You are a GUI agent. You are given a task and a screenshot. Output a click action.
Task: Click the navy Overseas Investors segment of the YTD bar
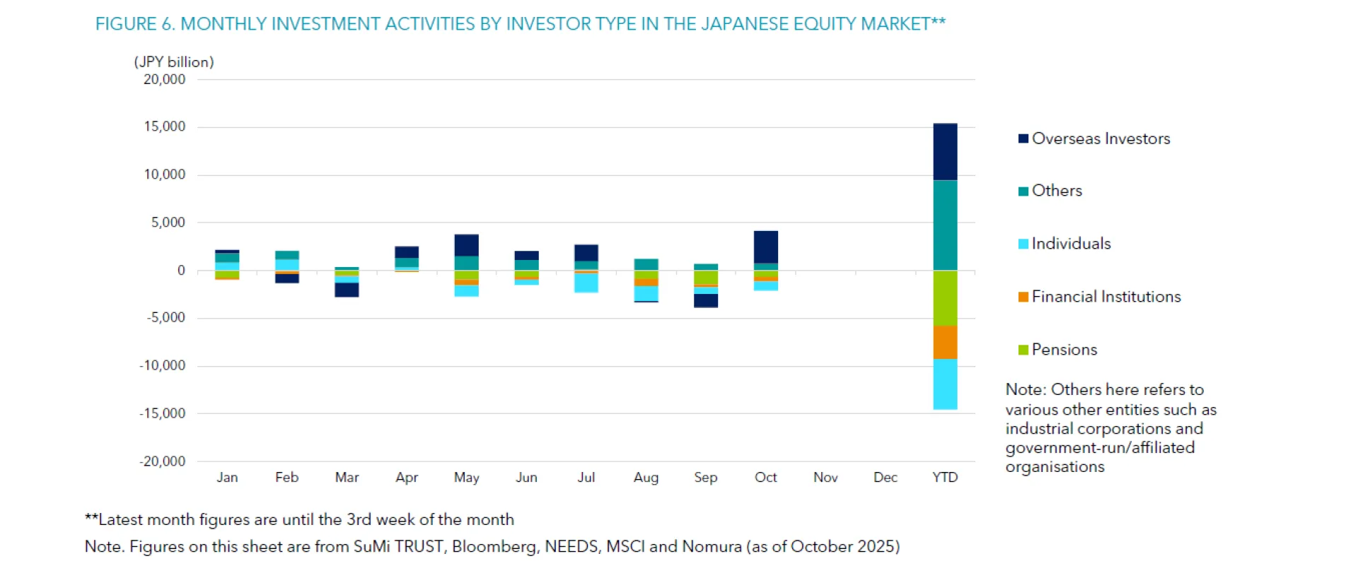point(945,152)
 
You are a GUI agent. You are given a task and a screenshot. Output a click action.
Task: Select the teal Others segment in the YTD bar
point(945,225)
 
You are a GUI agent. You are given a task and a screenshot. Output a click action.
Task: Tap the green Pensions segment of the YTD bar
point(945,297)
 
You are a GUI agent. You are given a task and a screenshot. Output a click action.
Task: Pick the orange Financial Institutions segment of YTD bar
point(945,342)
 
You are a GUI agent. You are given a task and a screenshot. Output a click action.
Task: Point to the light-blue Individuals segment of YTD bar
point(945,384)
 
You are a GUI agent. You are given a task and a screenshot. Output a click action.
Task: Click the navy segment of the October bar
point(765,247)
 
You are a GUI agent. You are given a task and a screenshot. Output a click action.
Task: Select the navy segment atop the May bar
point(466,244)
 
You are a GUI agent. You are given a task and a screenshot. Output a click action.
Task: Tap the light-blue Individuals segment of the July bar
point(586,282)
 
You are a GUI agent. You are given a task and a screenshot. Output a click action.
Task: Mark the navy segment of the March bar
point(347,290)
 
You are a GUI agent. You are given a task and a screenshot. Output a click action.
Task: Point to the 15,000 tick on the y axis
point(164,127)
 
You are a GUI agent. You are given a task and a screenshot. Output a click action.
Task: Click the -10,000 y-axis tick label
point(162,366)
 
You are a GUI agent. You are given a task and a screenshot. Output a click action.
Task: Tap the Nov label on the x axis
point(825,478)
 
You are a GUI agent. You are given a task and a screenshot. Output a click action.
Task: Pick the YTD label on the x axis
point(945,478)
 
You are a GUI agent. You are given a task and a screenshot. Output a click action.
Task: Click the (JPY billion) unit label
point(174,62)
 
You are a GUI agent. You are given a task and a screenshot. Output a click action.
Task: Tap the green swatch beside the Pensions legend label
point(1023,350)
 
